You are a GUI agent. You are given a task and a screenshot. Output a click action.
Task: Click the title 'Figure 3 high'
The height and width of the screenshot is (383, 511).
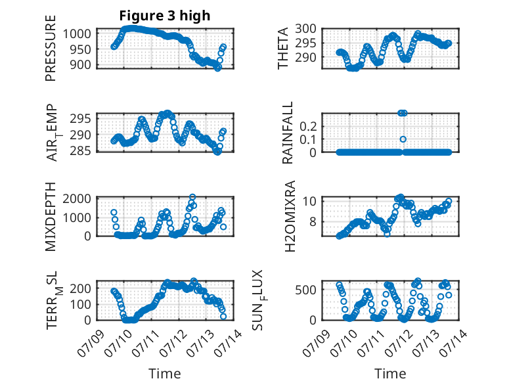click(x=165, y=16)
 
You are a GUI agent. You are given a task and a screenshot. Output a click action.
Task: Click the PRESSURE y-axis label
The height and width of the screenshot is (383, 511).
click(x=51, y=48)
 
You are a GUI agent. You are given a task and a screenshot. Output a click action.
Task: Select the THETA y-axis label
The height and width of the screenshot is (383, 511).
click(x=283, y=48)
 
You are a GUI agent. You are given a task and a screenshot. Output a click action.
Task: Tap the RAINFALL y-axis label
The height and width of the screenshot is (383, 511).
click(x=288, y=133)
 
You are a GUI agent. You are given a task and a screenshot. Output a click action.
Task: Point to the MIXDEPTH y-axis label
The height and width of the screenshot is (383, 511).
click(x=51, y=217)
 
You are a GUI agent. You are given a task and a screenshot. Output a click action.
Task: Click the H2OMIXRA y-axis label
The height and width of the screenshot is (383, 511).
click(x=290, y=216)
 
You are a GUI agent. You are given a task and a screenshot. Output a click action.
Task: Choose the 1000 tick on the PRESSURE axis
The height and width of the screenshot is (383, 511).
click(x=77, y=34)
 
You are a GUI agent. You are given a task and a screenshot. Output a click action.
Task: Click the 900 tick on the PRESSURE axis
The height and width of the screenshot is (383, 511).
click(x=81, y=64)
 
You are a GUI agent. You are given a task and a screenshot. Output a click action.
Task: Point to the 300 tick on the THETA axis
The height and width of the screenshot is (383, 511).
click(x=305, y=29)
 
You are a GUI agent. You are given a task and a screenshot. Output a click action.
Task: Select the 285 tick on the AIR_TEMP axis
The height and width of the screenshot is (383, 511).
click(x=81, y=151)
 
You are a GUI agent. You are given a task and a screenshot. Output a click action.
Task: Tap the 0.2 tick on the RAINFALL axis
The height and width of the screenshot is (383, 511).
click(x=308, y=126)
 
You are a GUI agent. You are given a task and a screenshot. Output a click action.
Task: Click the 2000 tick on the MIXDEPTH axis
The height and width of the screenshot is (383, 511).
click(x=77, y=198)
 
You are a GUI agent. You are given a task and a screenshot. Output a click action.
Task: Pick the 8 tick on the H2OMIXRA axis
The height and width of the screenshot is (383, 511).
click(x=313, y=221)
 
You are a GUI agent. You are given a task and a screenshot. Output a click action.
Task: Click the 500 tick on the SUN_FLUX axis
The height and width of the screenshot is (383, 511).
click(x=305, y=290)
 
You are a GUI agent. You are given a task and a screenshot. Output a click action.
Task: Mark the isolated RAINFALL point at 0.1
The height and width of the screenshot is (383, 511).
click(x=403, y=139)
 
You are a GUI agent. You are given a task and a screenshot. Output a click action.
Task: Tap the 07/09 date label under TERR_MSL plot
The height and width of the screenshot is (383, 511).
click(x=91, y=343)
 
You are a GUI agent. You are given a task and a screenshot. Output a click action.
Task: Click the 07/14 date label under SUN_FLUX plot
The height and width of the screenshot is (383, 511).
click(x=453, y=343)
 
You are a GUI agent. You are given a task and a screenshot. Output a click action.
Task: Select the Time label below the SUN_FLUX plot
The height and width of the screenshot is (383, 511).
click(x=390, y=373)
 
